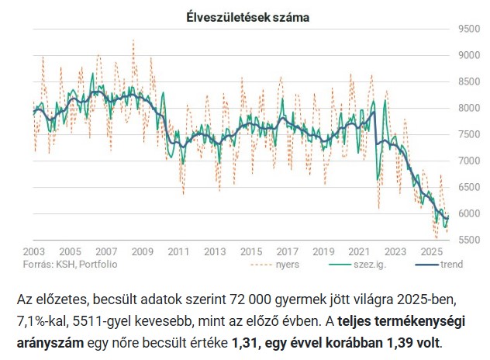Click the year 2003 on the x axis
pyautogui.click(x=34, y=252)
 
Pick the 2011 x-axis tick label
pyautogui.click(x=178, y=252)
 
